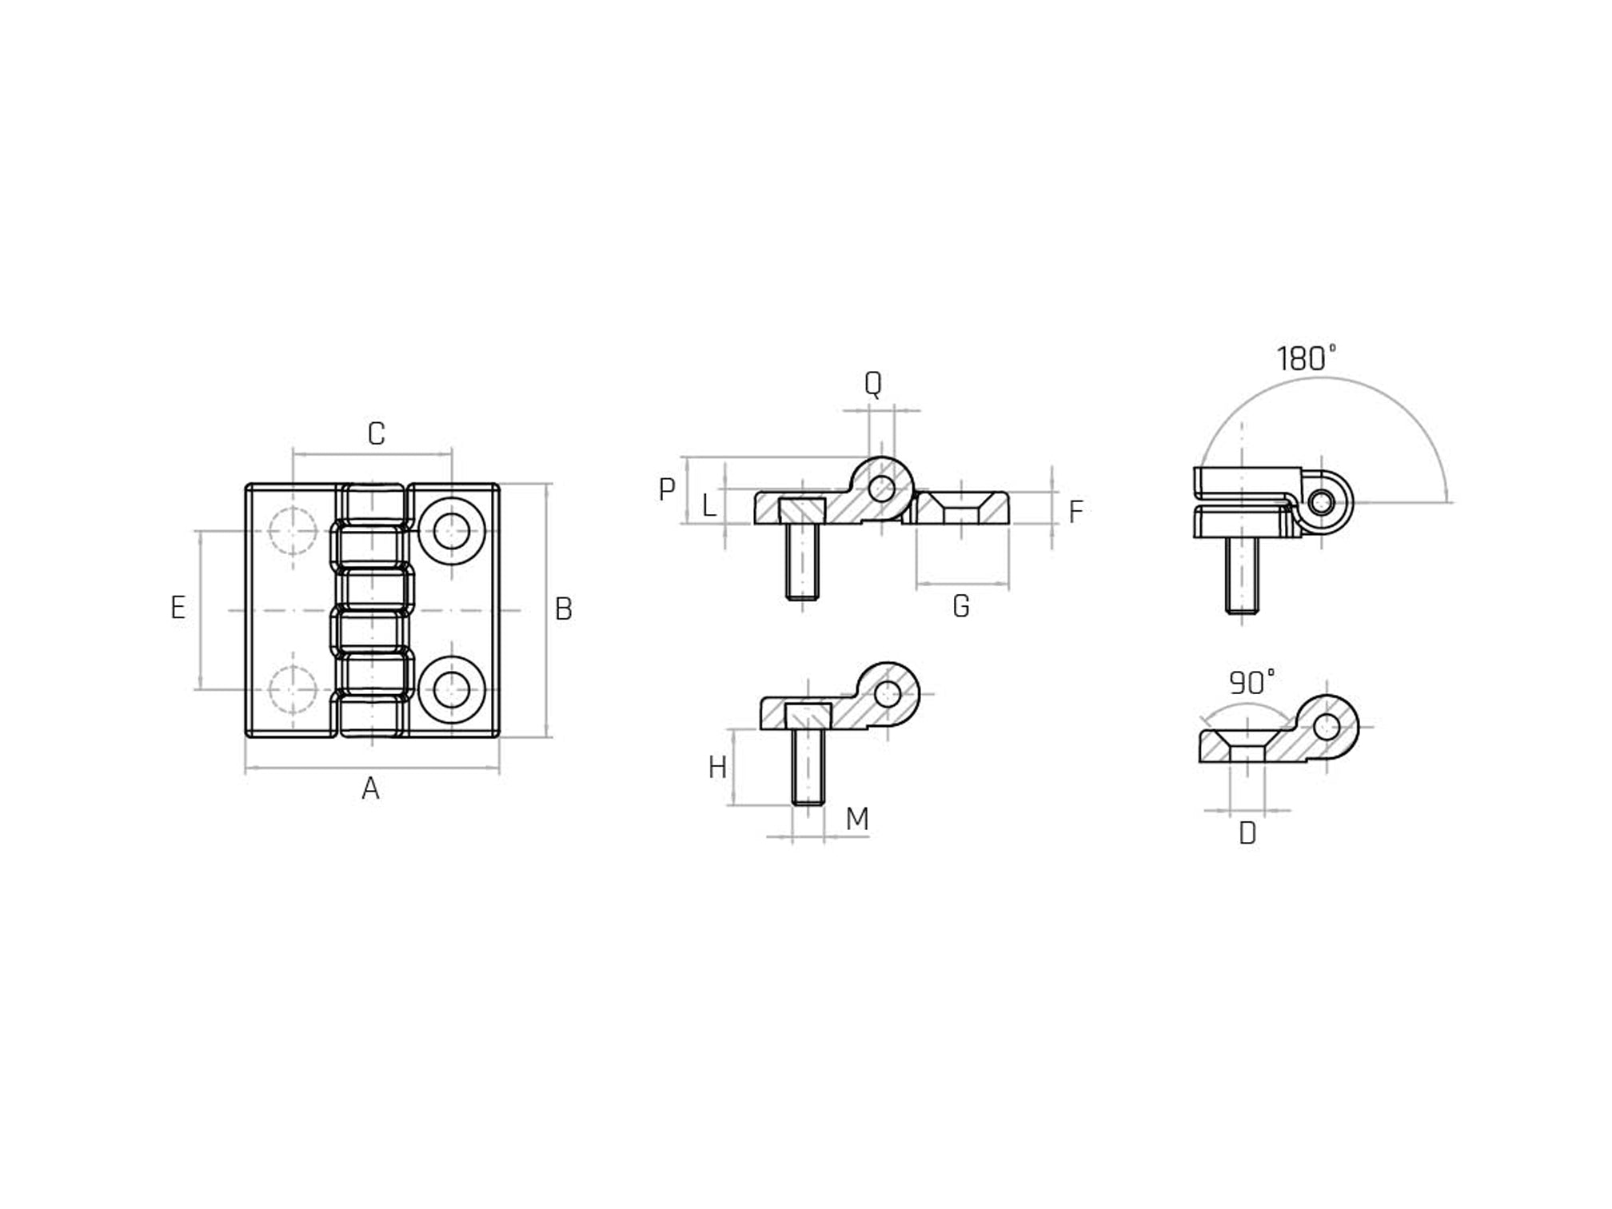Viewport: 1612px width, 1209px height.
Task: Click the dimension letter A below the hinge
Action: tap(370, 789)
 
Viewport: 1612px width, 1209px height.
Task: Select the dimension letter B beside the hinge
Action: tap(563, 610)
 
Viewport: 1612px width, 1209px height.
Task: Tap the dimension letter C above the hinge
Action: tap(376, 434)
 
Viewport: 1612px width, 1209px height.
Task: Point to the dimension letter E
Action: tap(178, 608)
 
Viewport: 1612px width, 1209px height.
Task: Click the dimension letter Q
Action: tap(872, 385)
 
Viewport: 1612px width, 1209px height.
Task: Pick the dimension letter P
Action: tap(667, 489)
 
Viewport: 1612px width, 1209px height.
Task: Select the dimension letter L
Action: tap(708, 506)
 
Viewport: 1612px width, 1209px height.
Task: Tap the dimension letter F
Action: tap(1075, 512)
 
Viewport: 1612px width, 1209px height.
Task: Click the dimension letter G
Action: tap(961, 607)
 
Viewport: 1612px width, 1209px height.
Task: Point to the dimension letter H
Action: tap(717, 768)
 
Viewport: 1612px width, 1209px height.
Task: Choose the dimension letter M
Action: tap(856, 819)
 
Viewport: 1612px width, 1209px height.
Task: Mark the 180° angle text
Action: tap(1306, 359)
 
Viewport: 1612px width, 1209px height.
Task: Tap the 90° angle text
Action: tap(1251, 683)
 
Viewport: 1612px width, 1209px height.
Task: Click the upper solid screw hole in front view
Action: tap(452, 531)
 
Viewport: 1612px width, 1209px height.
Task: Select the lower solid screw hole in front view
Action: tap(452, 689)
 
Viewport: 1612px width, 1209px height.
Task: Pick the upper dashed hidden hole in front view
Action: tap(293, 531)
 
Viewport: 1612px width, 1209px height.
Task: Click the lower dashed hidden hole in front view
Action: tap(293, 689)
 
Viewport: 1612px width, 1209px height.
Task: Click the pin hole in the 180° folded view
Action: tap(1321, 503)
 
